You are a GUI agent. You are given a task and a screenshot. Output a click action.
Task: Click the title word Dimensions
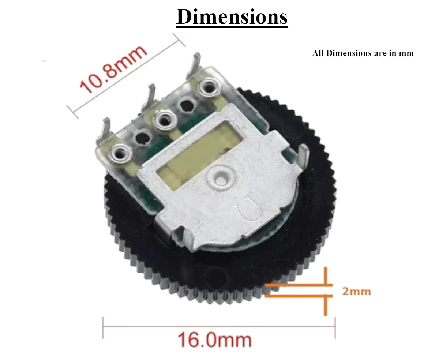[232, 17]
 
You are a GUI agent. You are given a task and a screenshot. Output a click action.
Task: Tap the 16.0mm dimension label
[215, 340]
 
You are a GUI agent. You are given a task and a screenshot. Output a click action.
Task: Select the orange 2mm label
[357, 292]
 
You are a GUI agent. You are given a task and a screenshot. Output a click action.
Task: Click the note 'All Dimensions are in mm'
[363, 53]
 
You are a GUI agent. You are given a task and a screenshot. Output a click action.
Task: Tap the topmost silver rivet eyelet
[209, 87]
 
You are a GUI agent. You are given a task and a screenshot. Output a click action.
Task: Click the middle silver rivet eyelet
[165, 120]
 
